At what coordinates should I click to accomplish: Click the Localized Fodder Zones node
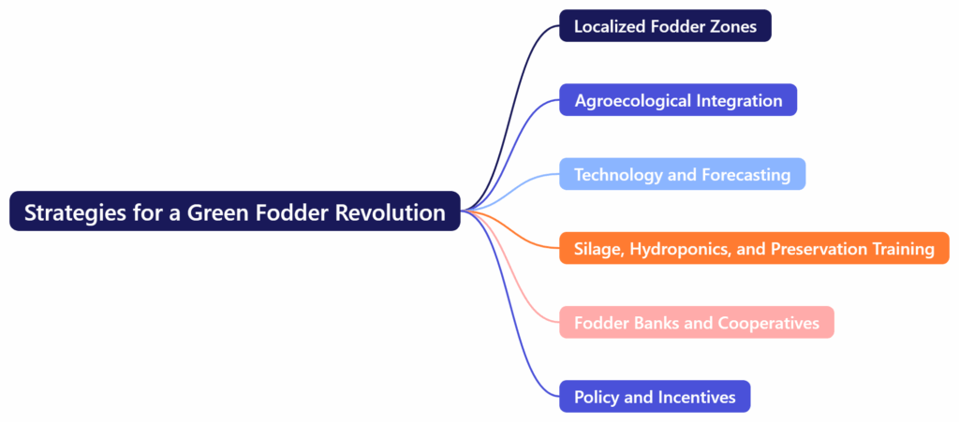click(665, 26)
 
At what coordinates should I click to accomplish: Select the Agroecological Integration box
click(678, 100)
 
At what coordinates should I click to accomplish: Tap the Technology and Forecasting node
click(682, 175)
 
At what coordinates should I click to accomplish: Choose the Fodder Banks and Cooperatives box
click(696, 324)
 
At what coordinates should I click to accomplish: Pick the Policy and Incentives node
click(655, 398)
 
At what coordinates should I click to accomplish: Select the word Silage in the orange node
click(598, 249)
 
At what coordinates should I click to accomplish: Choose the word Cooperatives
click(768, 324)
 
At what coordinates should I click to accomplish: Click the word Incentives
click(696, 398)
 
